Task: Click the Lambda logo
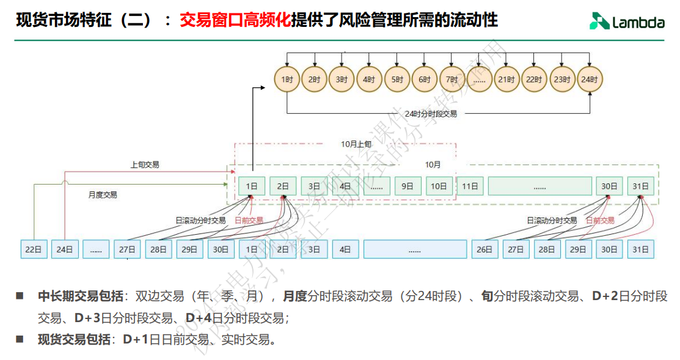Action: pos(627,22)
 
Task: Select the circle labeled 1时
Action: pos(287,79)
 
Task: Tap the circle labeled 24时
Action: pos(590,79)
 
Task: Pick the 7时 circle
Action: pos(452,79)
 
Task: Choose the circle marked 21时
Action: pos(506,79)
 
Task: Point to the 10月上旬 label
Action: pos(356,145)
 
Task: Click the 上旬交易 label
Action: pos(145,164)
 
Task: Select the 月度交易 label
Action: pos(103,195)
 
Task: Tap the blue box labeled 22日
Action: pos(34,249)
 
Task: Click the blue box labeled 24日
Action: pos(65,249)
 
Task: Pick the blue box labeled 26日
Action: pos(484,249)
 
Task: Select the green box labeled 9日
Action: pos(408,186)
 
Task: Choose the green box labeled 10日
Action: pos(439,186)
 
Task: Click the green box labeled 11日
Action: pos(470,186)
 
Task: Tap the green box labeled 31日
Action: pos(640,186)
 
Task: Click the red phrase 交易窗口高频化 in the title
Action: pos(235,21)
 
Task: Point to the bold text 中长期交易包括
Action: pos(80,297)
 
